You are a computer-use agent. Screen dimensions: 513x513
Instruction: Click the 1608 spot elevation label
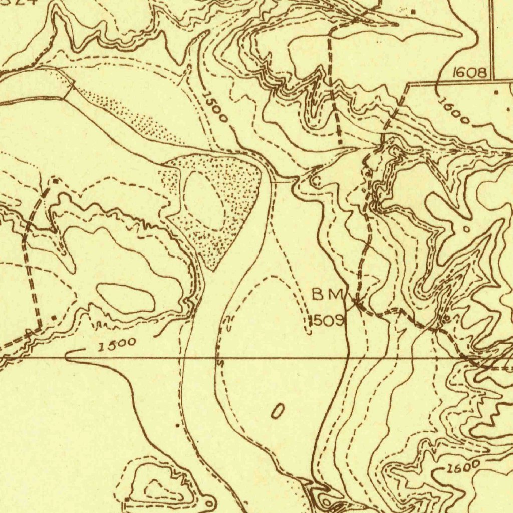pyautogui.click(x=469, y=73)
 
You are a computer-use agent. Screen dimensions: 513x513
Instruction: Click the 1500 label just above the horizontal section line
pyautogui.click(x=117, y=345)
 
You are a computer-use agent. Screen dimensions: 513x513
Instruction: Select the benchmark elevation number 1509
pyautogui.click(x=326, y=320)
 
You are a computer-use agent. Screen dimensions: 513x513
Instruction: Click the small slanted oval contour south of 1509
pyautogui.click(x=277, y=411)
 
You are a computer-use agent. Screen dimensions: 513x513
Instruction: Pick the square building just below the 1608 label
pyautogui.click(x=496, y=92)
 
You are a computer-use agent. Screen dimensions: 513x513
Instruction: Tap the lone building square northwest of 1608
pyautogui.click(x=414, y=11)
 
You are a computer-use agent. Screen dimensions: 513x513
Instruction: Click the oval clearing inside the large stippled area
pyautogui.click(x=204, y=200)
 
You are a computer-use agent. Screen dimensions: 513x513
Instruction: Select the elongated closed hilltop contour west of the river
pyautogui.click(x=125, y=298)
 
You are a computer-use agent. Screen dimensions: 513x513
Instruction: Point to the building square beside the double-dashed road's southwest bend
pyautogui.click(x=54, y=317)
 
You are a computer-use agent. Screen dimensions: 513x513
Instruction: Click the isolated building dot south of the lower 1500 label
pyautogui.click(x=177, y=425)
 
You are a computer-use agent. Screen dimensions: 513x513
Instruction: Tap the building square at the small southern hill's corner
pyautogui.click(x=127, y=499)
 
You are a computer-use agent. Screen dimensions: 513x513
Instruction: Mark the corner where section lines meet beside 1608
pyautogui.click(x=494, y=80)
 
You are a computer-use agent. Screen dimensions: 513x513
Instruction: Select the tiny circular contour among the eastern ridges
pyautogui.click(x=467, y=228)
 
